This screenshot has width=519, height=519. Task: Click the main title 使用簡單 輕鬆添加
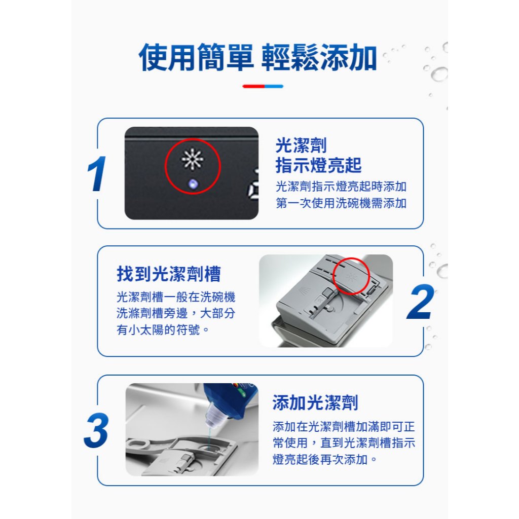coord(258,57)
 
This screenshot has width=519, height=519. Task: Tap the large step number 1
coord(97,174)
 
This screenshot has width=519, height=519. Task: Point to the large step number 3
coord(96,430)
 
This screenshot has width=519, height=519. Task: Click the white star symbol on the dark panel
coord(192,159)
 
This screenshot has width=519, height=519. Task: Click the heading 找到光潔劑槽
coord(168,274)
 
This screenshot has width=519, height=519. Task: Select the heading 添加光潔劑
coord(315,402)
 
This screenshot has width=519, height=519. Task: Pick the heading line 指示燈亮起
coord(318,165)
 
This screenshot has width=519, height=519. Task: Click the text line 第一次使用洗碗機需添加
coord(341,203)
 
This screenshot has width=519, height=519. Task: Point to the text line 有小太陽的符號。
coord(163,329)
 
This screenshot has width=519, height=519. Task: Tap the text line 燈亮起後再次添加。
coord(325,459)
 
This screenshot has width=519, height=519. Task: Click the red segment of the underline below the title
coord(253,86)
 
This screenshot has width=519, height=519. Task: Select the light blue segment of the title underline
coord(274,86)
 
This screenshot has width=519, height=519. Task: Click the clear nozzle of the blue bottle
coord(214,416)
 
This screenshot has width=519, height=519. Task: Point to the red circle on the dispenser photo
coord(351,276)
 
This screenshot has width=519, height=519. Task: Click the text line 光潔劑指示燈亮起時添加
coord(341,187)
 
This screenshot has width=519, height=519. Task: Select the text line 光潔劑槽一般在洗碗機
coord(176,297)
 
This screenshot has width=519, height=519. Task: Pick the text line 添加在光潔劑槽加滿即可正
coord(344,427)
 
